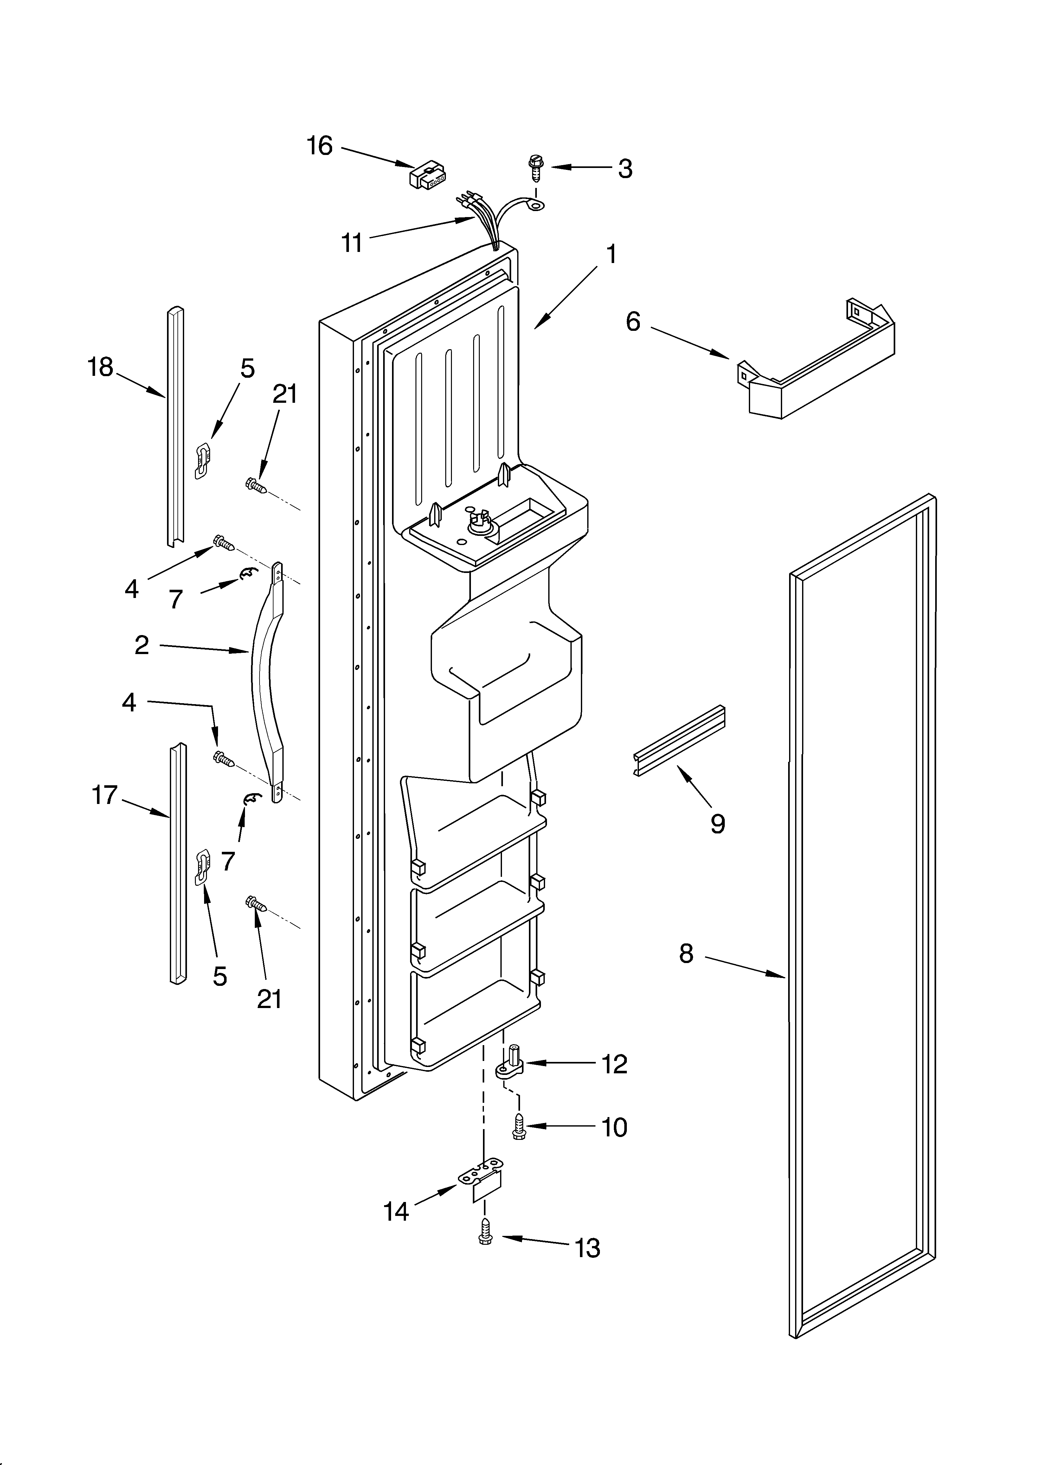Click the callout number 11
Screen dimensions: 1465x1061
(352, 243)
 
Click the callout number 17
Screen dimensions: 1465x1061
(105, 794)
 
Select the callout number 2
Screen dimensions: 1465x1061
(142, 645)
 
